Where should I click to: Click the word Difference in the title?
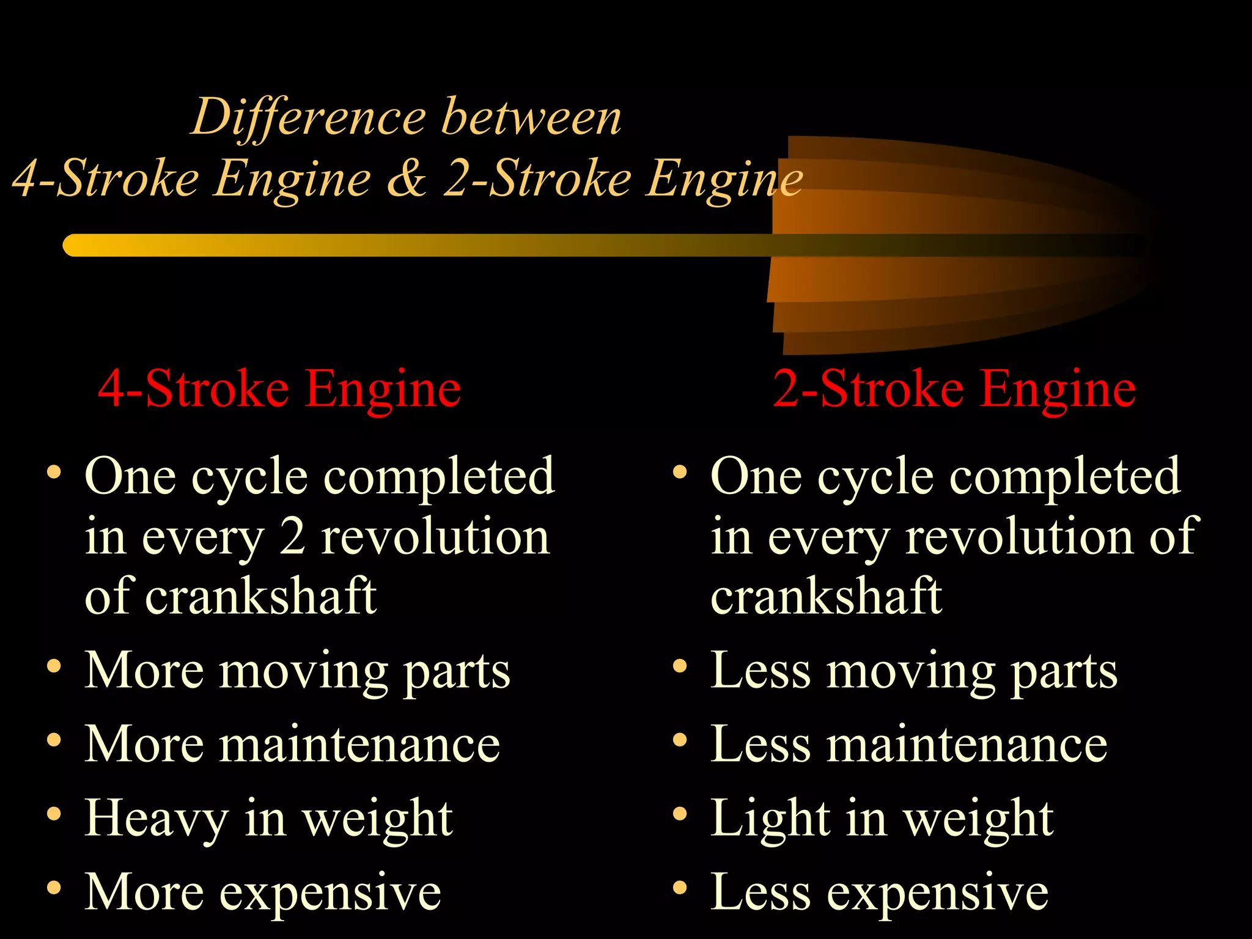[309, 117]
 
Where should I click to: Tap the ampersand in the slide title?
[407, 179]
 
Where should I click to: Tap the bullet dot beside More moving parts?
[54, 666]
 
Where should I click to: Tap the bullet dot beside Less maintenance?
[680, 740]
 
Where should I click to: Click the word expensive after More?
[330, 894]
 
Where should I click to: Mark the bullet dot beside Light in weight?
[680, 814]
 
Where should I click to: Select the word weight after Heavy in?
[378, 819]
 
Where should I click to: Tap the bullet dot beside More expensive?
[54, 888]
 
